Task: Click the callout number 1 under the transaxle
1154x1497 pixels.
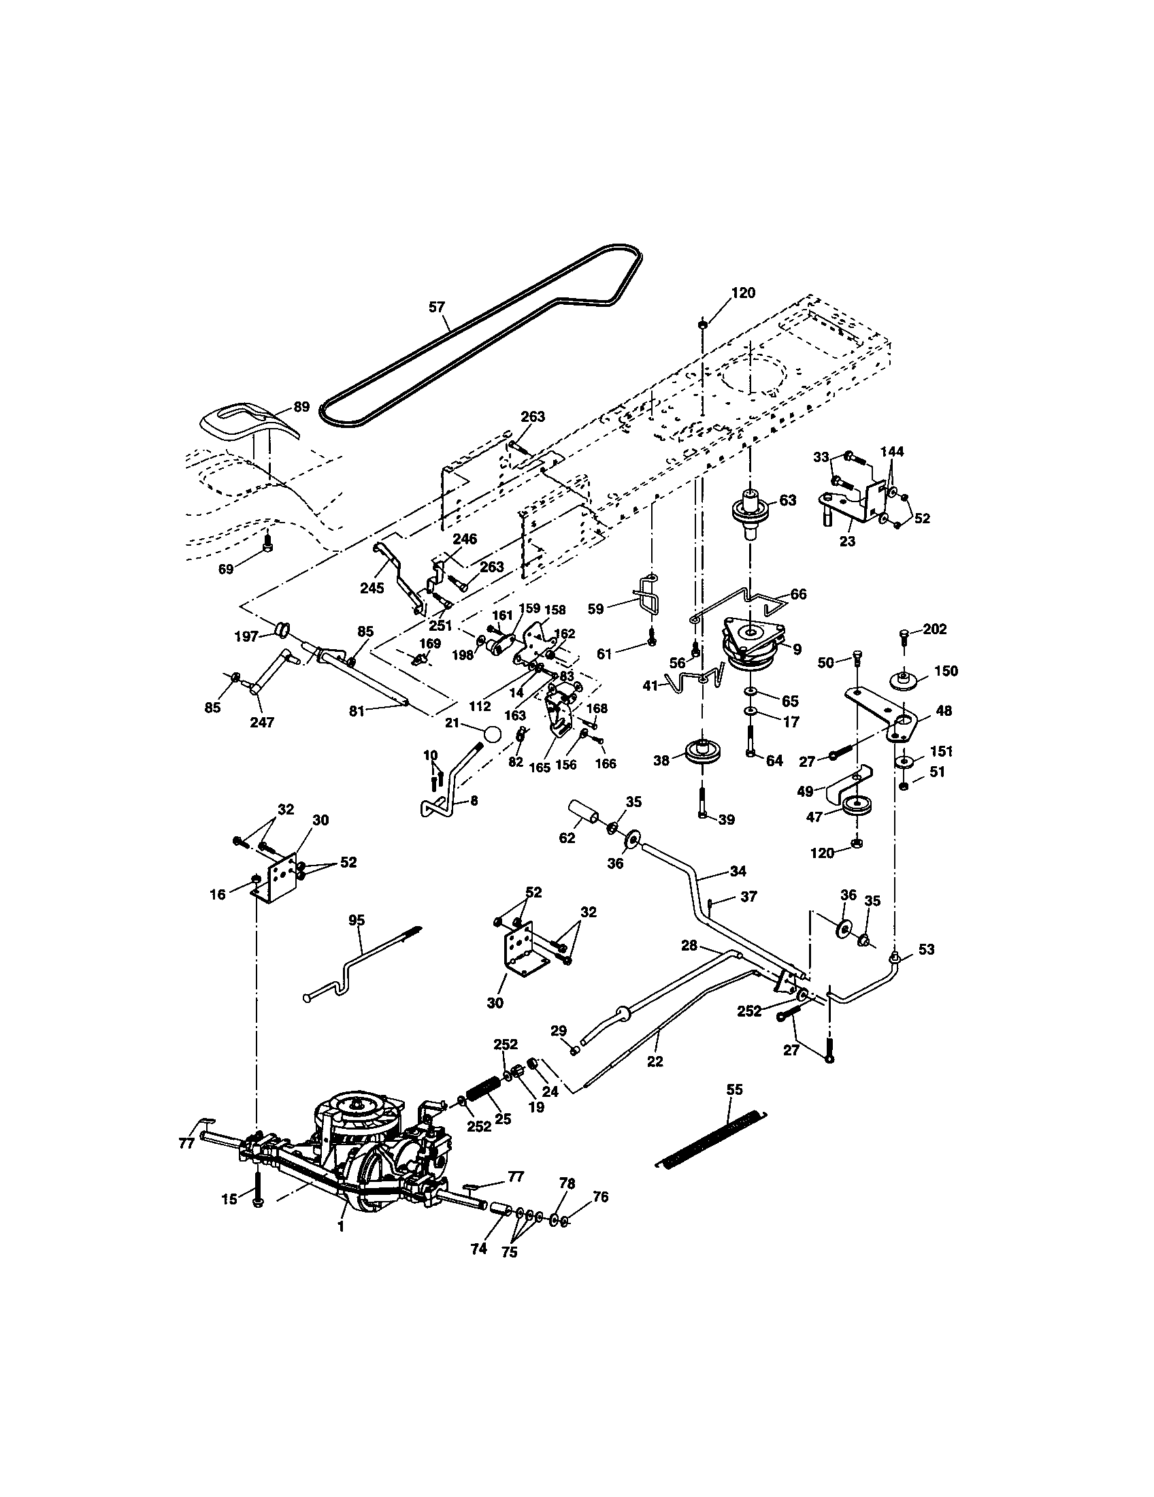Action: (341, 1227)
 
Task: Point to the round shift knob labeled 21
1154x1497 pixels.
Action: (492, 734)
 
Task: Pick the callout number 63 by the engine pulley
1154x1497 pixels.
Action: (788, 500)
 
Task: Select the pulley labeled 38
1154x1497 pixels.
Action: (703, 752)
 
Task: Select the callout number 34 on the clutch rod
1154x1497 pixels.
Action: (738, 871)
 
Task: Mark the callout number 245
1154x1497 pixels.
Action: (372, 587)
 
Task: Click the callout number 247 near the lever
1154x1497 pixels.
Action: (262, 722)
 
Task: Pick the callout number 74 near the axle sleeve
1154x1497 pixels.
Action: (478, 1249)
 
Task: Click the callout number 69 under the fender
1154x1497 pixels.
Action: (226, 569)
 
